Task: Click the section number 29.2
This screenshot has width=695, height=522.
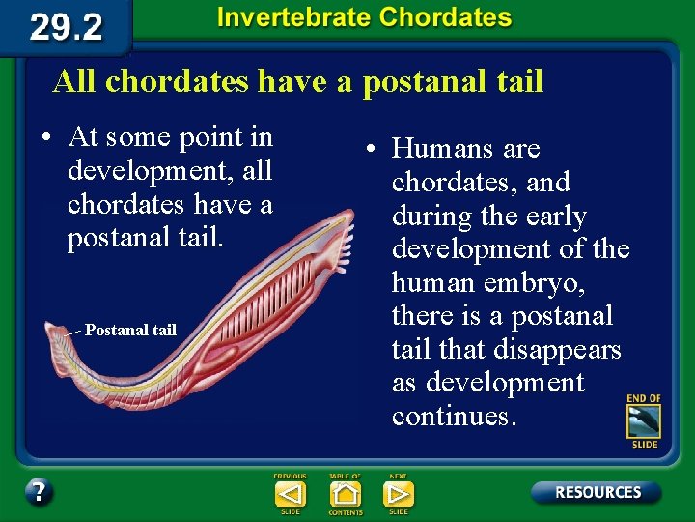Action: [66, 26]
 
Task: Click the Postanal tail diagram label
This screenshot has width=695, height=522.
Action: [130, 331]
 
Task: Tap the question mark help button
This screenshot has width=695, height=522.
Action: [39, 491]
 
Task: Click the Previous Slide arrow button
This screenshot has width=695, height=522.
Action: [290, 494]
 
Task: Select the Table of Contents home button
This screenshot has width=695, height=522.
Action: [345, 494]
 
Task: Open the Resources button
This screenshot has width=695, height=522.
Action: [597, 492]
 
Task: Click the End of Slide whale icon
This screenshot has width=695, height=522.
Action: [643, 421]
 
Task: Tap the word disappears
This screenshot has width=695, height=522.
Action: [560, 349]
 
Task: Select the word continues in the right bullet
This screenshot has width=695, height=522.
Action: [455, 416]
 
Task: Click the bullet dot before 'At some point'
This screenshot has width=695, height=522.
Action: [45, 137]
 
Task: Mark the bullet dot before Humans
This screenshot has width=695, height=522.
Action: [370, 150]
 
